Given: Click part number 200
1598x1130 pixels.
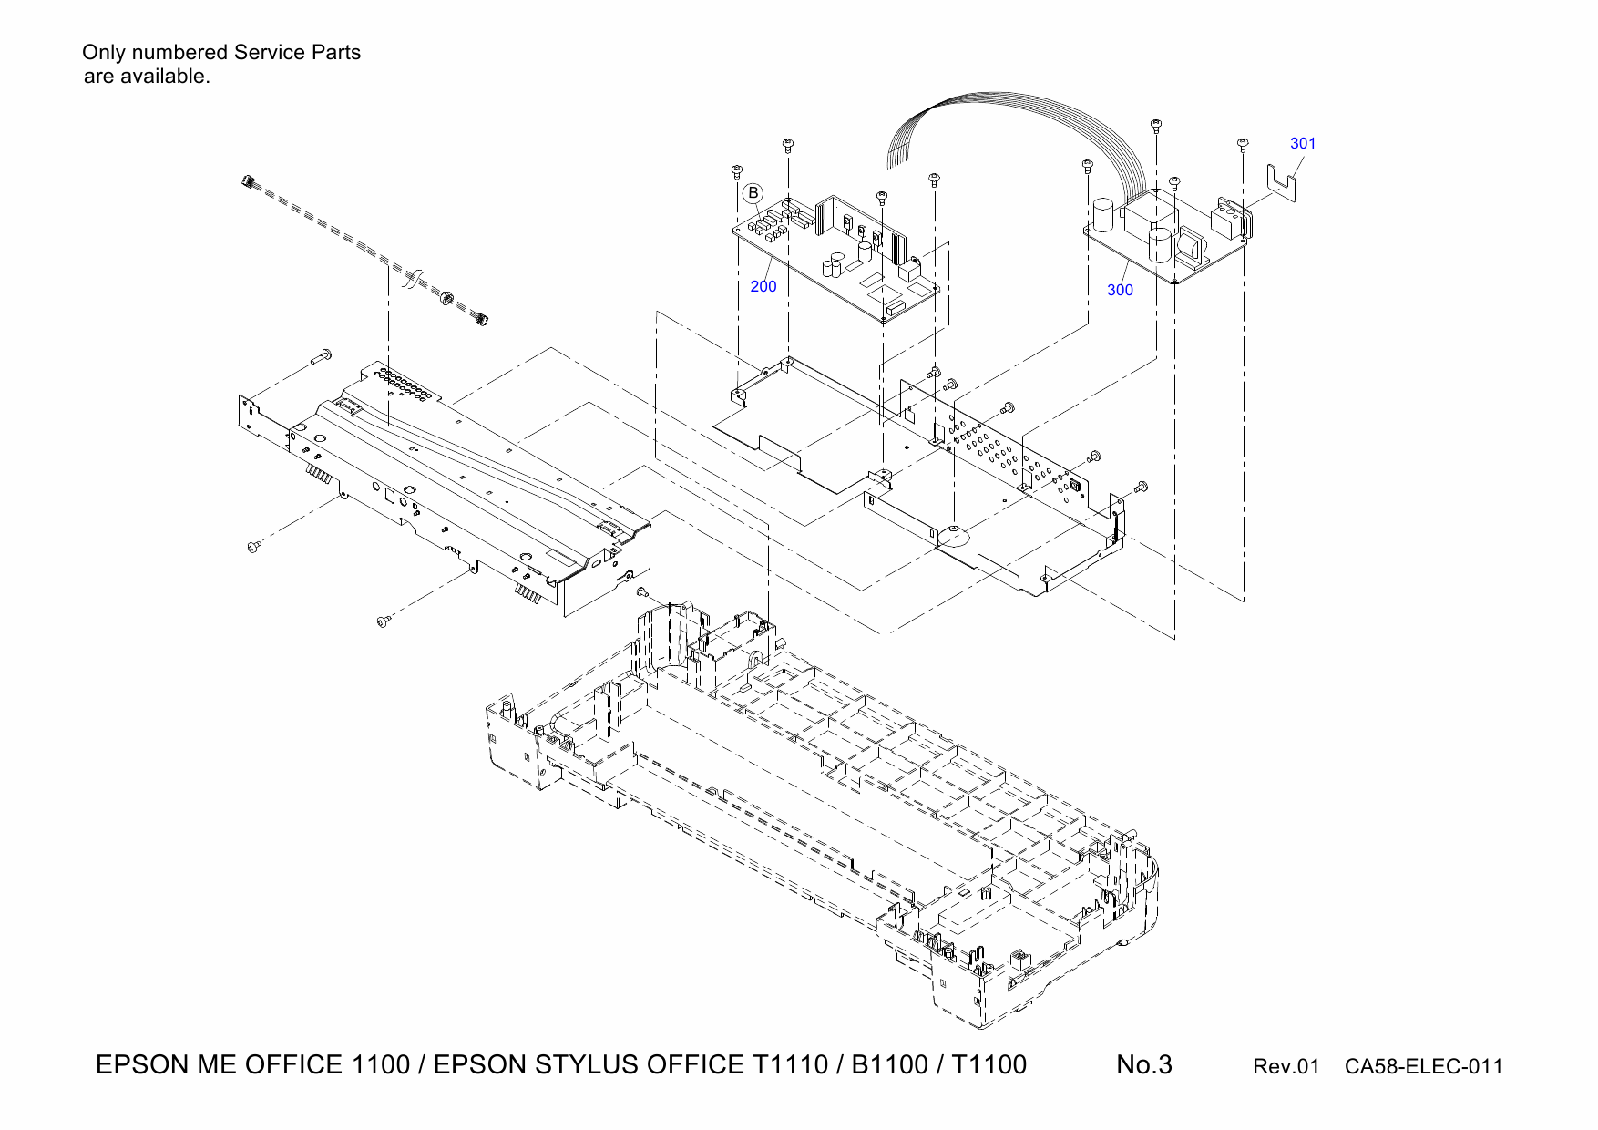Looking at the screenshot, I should (x=763, y=287).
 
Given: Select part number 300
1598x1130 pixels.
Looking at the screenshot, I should (x=1120, y=291).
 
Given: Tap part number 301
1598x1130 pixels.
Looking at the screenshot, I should (x=1303, y=144).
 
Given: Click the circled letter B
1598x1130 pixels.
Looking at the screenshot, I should (x=753, y=193).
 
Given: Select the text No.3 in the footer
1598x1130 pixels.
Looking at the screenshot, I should (x=1144, y=1065).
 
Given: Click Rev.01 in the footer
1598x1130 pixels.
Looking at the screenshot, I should (x=1286, y=1067).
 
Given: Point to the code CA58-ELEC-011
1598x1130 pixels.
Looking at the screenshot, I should (x=1423, y=1067).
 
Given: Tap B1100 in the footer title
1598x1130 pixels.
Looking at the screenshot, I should (x=889, y=1065).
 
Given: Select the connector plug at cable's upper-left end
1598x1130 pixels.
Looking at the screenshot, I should (x=248, y=183).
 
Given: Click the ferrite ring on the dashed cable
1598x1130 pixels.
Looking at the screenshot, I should (x=446, y=298).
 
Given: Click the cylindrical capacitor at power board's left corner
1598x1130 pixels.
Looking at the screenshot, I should (x=1105, y=215).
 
